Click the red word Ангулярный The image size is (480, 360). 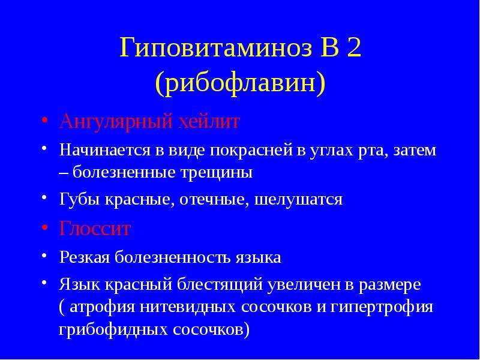click(x=115, y=122)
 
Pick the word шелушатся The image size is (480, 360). click(x=298, y=200)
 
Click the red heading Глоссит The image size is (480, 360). click(x=95, y=229)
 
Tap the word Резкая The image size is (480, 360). click(x=85, y=257)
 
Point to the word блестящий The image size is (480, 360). click(x=220, y=285)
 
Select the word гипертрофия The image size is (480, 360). click(x=382, y=307)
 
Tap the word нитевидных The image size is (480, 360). click(x=188, y=307)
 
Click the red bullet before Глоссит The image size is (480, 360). click(x=44, y=228)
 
